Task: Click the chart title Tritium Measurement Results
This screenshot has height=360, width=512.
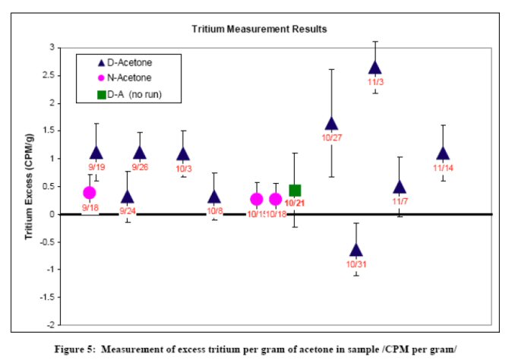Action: (x=259, y=30)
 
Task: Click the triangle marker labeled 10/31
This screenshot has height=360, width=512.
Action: (x=356, y=250)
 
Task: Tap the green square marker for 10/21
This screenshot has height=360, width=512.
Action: (x=295, y=191)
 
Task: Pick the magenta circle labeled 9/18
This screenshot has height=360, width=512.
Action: (x=89, y=193)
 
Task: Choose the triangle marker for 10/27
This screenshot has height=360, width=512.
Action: (x=331, y=124)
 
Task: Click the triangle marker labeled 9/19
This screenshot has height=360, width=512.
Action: (x=96, y=153)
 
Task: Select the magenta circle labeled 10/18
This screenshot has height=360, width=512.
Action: (x=275, y=200)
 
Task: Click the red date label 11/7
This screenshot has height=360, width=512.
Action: (x=400, y=202)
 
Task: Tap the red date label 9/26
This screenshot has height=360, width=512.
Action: (x=140, y=167)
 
